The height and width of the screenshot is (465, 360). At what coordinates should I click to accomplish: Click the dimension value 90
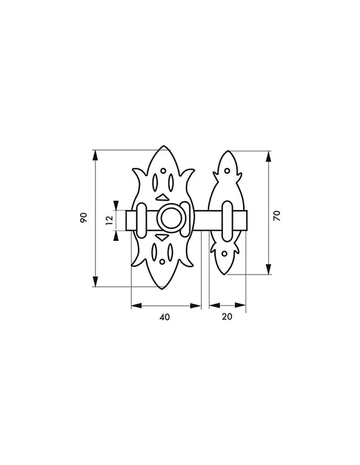point(84,217)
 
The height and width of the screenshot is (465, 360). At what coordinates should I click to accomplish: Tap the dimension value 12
point(109,220)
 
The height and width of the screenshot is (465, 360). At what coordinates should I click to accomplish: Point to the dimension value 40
point(165,317)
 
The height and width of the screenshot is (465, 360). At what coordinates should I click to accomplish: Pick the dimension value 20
point(227,317)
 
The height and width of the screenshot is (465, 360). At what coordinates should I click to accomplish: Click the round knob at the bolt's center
point(171,218)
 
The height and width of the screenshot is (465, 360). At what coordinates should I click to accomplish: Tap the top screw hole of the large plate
point(163,171)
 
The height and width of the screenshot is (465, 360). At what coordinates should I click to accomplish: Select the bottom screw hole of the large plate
point(162,262)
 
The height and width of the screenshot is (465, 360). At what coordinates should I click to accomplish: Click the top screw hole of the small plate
point(227,171)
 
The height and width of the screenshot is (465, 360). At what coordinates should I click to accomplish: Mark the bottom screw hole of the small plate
point(225,254)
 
